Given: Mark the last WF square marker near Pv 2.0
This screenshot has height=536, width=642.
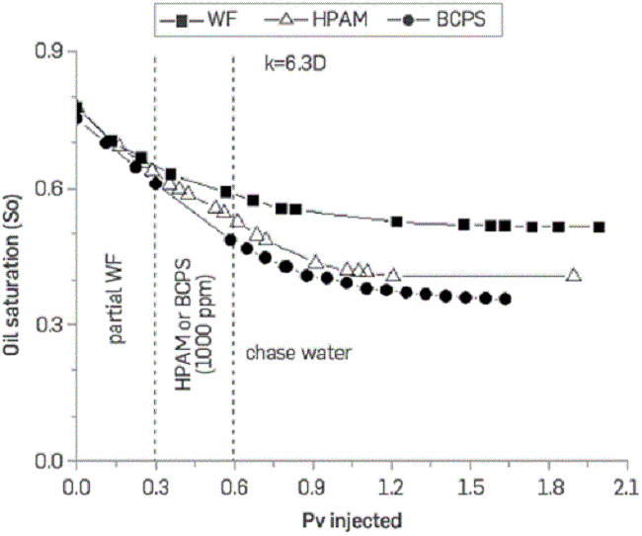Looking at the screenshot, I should click(599, 227).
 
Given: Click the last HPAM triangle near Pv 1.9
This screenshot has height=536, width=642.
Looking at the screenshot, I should click(574, 275).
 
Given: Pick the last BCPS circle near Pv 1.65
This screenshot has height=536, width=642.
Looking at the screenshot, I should click(505, 299).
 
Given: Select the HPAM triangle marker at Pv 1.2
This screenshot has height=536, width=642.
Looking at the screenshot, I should click(394, 274).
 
